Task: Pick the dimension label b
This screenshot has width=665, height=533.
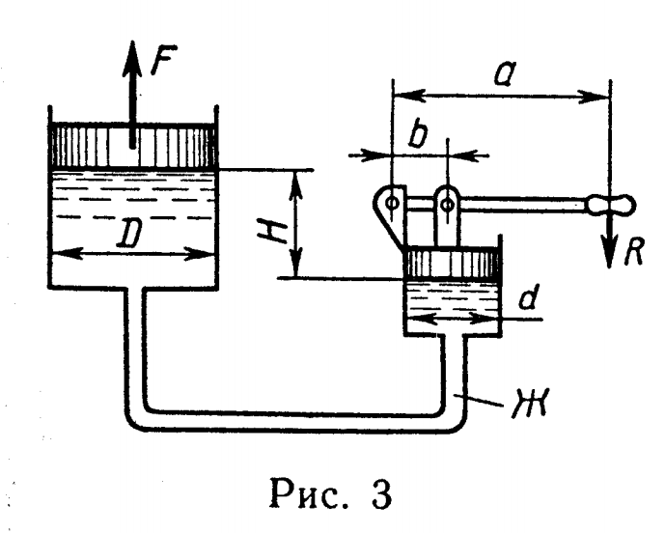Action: coord(418,135)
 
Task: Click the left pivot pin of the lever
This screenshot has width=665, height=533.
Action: coord(392,202)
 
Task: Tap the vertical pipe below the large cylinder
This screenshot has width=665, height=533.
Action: coord(134,348)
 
